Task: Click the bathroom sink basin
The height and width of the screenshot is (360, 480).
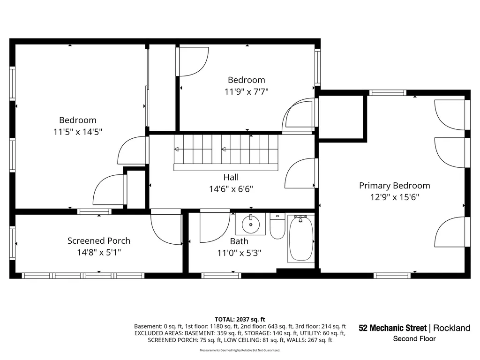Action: (251, 225)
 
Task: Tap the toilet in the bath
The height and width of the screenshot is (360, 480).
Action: (277, 226)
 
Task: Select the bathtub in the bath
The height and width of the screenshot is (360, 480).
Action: (301, 239)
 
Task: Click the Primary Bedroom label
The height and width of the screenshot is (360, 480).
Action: (394, 186)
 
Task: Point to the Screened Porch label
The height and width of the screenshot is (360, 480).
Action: (99, 240)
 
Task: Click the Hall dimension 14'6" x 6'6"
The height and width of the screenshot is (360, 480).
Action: (231, 189)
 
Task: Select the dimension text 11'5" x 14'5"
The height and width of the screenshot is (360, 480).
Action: (78, 132)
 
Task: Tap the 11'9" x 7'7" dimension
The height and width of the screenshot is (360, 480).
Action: (247, 91)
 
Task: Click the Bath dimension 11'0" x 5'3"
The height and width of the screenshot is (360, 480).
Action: (239, 253)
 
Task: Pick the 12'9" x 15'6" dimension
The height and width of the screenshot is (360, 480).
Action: (395, 197)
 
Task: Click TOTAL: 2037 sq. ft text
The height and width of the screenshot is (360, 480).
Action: (240, 320)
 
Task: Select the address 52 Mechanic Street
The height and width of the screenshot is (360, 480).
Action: (392, 328)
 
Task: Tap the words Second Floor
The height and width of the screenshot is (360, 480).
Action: (414, 338)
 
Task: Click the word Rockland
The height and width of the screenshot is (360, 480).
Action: (452, 328)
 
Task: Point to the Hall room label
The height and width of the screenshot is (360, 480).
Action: (231, 177)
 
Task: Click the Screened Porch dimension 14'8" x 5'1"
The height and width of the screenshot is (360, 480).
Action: (99, 253)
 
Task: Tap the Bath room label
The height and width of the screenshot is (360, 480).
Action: (239, 241)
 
